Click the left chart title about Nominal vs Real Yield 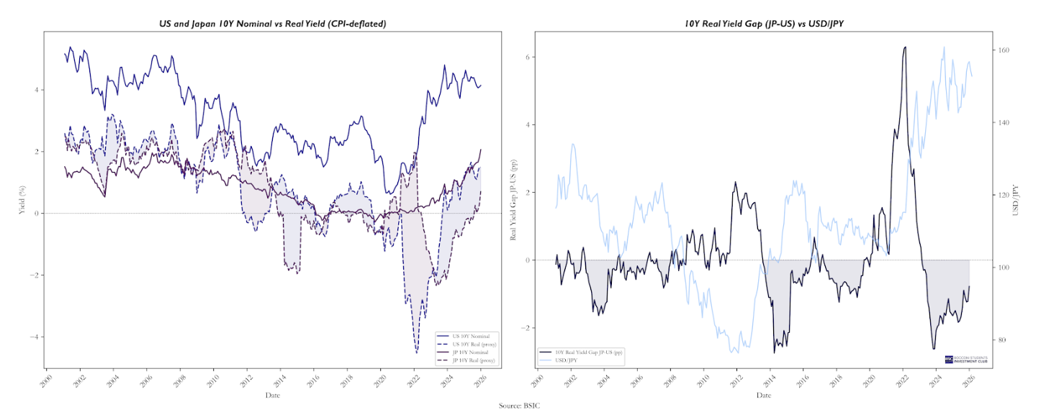point(273,24)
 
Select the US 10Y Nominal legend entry point(472,337)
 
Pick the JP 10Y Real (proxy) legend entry point(474,360)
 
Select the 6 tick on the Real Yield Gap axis point(527,56)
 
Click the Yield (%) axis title point(22,200)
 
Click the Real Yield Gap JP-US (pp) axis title point(514,200)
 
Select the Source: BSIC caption point(520,406)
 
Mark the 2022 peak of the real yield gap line point(904,47)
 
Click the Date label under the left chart point(273,395)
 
